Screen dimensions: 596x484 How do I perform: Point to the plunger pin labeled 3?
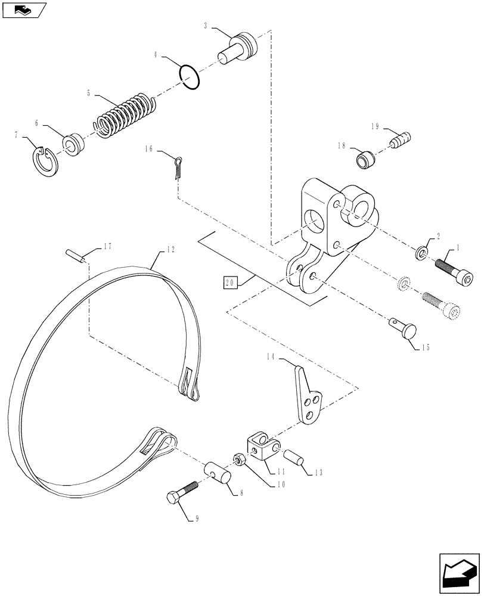[240, 48]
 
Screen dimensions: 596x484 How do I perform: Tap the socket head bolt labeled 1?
[451, 267]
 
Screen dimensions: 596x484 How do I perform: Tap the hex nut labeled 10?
[235, 460]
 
